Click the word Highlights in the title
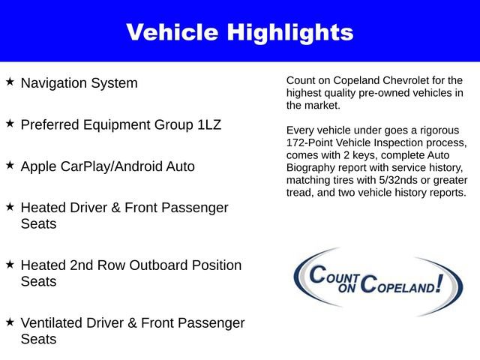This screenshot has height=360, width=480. point(292,32)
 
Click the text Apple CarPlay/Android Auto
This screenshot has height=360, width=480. point(107,166)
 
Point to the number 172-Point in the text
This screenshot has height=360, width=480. point(310,142)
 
